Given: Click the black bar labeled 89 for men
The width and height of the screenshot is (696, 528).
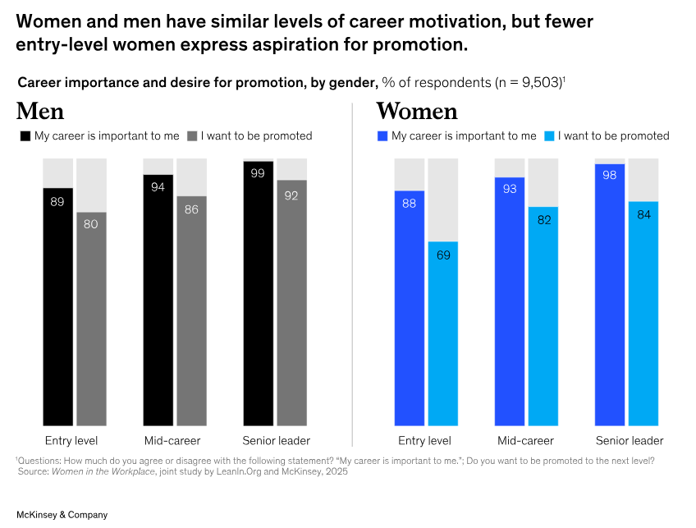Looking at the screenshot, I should pyautogui.click(x=57, y=308).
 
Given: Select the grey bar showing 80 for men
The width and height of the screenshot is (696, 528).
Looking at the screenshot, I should pyautogui.click(x=91, y=320).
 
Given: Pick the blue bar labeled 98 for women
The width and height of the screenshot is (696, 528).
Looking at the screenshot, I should pyautogui.click(x=610, y=296).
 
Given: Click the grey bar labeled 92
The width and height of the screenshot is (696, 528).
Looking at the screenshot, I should pyautogui.click(x=291, y=304).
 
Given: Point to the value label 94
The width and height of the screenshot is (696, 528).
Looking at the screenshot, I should pyautogui.click(x=158, y=187).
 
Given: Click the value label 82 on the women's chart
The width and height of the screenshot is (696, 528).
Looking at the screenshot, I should pyautogui.click(x=543, y=219).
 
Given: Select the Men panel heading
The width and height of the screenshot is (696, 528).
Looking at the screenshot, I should pyautogui.click(x=39, y=111).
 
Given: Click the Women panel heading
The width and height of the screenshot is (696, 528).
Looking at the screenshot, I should pyautogui.click(x=416, y=111).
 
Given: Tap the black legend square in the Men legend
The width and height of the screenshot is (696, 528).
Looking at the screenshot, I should pyautogui.click(x=25, y=135).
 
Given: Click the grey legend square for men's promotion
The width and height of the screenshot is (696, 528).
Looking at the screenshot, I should pyautogui.click(x=193, y=135).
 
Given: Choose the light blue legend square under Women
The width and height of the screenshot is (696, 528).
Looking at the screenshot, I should pyautogui.click(x=550, y=135).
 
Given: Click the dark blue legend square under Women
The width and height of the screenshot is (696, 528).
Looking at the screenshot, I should pyautogui.click(x=382, y=135).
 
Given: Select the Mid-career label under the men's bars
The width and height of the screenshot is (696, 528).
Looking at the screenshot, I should pyautogui.click(x=172, y=441).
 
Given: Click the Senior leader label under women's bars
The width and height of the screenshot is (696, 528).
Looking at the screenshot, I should pyautogui.click(x=629, y=441).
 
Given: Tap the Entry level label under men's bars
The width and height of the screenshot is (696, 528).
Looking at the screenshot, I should pyautogui.click(x=71, y=441).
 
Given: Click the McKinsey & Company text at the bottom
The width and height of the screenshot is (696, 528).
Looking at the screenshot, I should pyautogui.click(x=62, y=515).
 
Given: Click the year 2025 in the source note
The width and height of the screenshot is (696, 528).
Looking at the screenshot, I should pyautogui.click(x=335, y=471).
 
